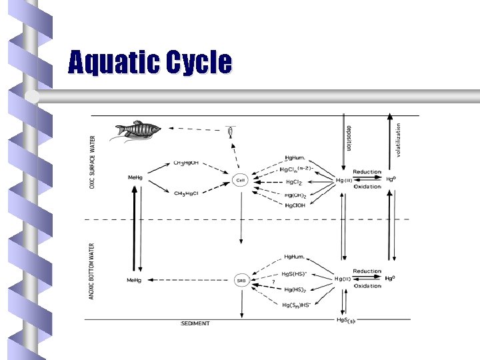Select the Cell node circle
(x=241, y=180)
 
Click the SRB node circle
(x=241, y=281)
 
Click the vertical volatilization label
(x=399, y=139)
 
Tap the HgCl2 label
(x=295, y=181)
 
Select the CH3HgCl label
(x=187, y=194)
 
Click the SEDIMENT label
(x=195, y=323)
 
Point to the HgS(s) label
(x=346, y=320)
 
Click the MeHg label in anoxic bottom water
(x=134, y=280)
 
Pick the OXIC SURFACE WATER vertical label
(x=93, y=162)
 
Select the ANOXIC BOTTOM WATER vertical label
(x=93, y=271)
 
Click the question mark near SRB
(x=273, y=283)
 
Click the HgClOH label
(x=295, y=205)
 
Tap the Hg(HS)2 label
(x=295, y=289)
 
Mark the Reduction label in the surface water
(x=367, y=172)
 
